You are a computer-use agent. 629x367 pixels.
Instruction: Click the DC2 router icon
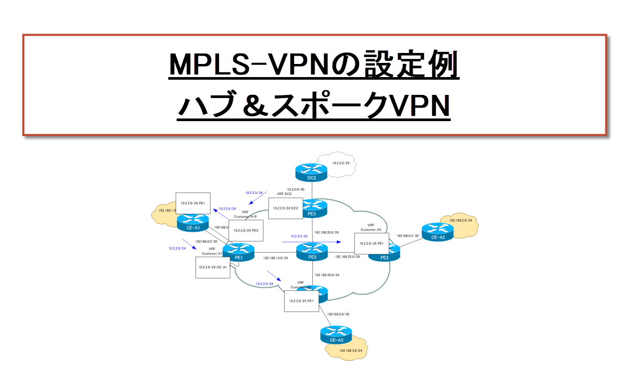click(311, 170)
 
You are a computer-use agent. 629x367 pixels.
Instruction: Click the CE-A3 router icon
click(335, 333)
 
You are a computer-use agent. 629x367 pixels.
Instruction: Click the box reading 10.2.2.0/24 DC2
click(286, 208)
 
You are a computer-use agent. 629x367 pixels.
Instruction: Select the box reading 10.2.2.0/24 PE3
click(245, 230)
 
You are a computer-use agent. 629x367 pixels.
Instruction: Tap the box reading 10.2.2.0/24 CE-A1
click(212, 267)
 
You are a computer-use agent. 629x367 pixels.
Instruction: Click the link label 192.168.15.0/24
click(276, 258)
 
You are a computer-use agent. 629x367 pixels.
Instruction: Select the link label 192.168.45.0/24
click(327, 275)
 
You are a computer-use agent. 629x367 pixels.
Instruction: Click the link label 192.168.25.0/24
click(348, 257)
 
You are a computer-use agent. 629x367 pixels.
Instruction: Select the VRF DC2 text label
click(284, 194)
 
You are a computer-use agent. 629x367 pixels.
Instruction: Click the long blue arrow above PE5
click(311, 242)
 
